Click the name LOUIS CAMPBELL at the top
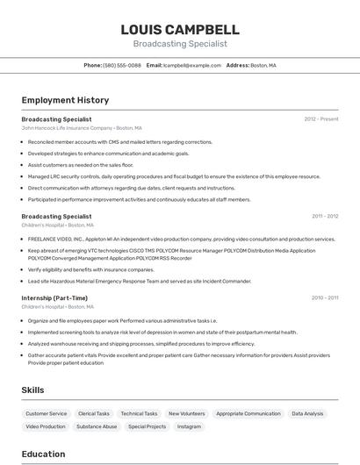[x=180, y=29]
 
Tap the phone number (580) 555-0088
[x=122, y=65]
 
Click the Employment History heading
[x=65, y=100]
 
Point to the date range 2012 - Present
[x=321, y=118]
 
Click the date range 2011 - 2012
[x=325, y=216]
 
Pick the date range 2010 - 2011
[x=325, y=297]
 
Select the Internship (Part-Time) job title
[x=54, y=297]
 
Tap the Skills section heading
[x=33, y=390]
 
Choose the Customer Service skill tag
[x=46, y=413]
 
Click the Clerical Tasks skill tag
[x=94, y=413]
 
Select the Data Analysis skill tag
[x=307, y=413]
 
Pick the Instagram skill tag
[x=189, y=426]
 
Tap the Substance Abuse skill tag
[x=97, y=426]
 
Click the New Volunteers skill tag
[x=186, y=413]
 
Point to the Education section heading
[x=44, y=454]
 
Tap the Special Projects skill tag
[x=147, y=426]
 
